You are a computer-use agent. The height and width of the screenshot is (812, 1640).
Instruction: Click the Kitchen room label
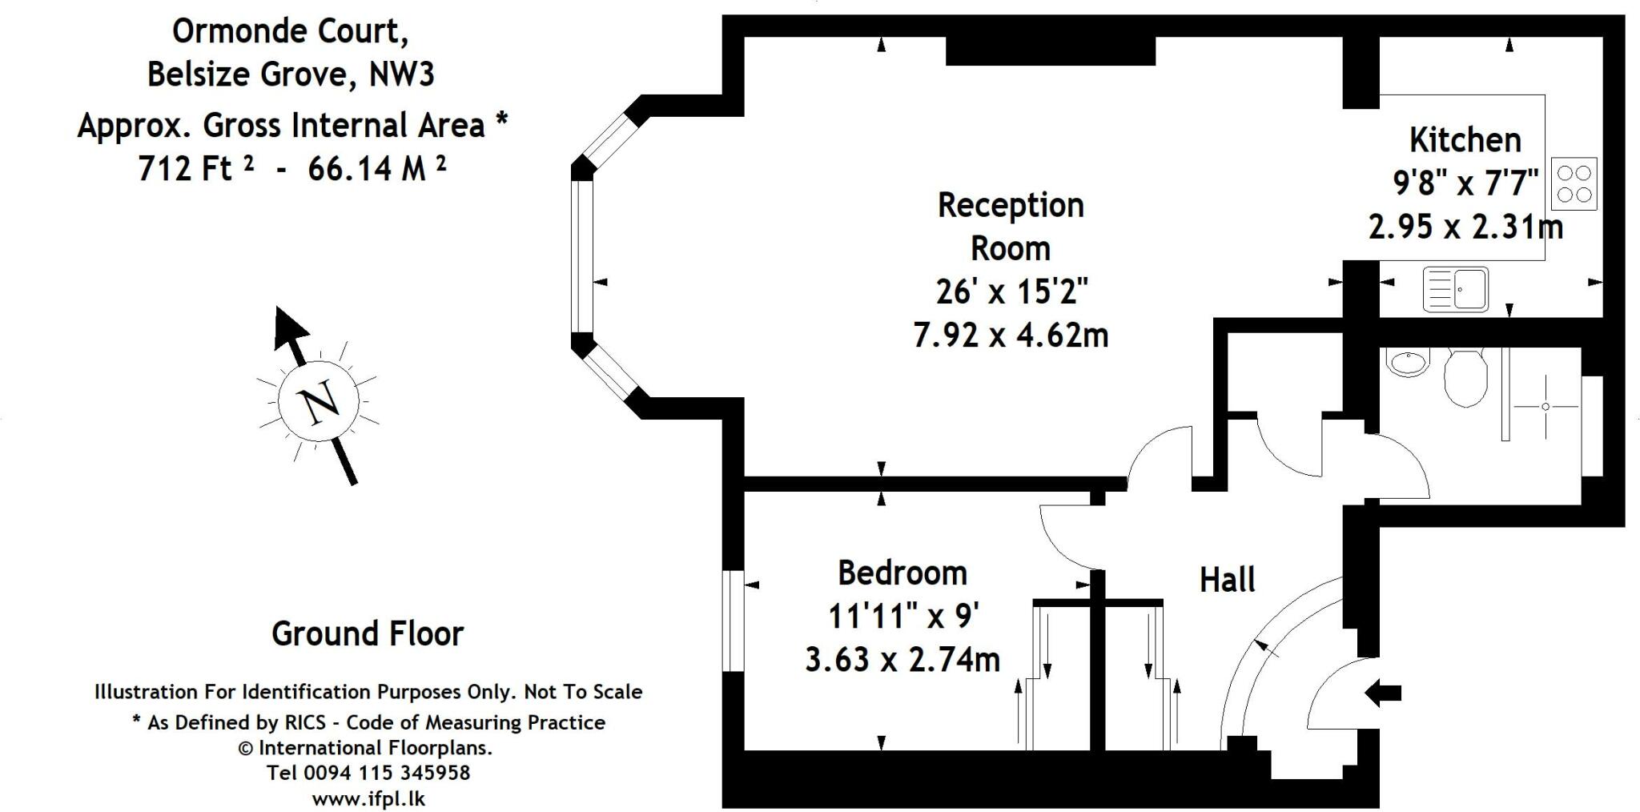[x=1465, y=140]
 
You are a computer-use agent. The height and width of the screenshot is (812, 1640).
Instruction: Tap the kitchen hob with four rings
[x=1574, y=183]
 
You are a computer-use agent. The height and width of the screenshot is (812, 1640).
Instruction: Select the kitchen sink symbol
[x=1455, y=288]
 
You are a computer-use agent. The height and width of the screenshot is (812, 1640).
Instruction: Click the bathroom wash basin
[x=1407, y=363]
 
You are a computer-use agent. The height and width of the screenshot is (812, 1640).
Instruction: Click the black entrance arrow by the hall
[x=1383, y=693]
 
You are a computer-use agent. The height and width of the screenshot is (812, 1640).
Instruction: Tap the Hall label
[x=1227, y=580]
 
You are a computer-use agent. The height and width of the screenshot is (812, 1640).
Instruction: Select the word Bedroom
[x=902, y=573]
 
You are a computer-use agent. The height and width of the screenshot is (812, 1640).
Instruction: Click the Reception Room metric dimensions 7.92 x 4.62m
[x=1011, y=335]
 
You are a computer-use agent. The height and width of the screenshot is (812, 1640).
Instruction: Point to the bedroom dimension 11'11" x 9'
[x=902, y=617]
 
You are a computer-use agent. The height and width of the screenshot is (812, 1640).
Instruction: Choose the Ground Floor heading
[x=368, y=633]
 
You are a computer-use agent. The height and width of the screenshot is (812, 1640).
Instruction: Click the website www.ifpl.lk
[x=368, y=798]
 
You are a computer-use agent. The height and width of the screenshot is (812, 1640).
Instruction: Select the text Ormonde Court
[x=291, y=31]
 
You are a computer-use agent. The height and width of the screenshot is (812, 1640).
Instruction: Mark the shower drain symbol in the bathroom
[x=1545, y=407]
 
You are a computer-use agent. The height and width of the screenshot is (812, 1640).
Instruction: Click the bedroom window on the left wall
[x=733, y=621]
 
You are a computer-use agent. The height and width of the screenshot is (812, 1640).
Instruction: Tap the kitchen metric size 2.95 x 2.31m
[x=1465, y=227]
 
